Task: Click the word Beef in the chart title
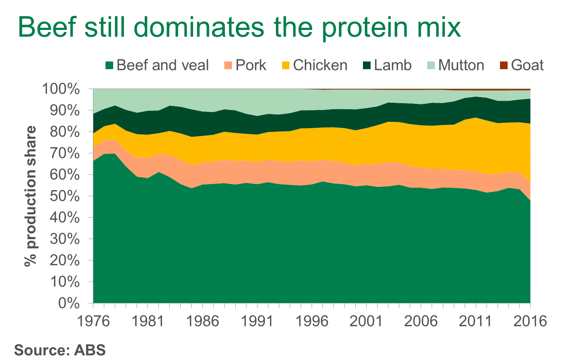point(47,27)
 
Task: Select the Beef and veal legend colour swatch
point(110,66)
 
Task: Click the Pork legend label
point(251,65)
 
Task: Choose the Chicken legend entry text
point(320,65)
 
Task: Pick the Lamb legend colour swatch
point(367,66)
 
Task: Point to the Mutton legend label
point(461,65)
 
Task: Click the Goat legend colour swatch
point(504,66)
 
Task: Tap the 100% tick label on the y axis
point(61,89)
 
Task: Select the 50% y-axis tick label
point(65,196)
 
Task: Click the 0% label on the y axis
point(69,303)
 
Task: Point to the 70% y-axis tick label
point(65,153)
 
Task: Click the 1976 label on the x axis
point(93,321)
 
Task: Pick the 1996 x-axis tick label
point(312,321)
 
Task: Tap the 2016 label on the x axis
point(530,321)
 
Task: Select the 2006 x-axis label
point(421,321)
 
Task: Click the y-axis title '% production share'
point(31,196)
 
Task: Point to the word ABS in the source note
point(90,350)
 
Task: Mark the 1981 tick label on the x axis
point(148,321)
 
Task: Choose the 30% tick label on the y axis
point(65,239)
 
